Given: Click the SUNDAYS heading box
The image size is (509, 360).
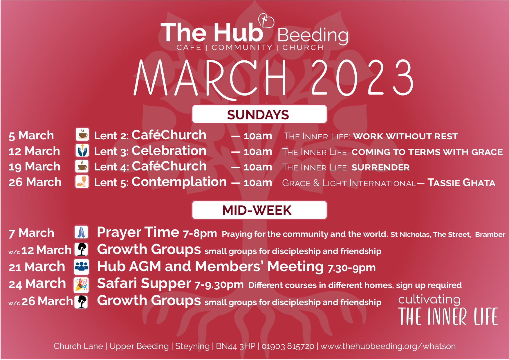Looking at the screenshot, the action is (259, 114).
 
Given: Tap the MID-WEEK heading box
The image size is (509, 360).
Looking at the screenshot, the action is (259, 210).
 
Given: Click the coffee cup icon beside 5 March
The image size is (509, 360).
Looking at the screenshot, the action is (82, 134).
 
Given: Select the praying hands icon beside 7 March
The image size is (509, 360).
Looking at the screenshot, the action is (81, 232).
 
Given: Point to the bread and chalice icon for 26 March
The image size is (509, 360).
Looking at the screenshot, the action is (82, 182).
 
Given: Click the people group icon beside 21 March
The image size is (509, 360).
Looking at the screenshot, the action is (82, 266).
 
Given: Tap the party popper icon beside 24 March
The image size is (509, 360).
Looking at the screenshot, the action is (82, 284).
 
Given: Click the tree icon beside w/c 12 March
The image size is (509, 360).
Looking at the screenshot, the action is (82, 249).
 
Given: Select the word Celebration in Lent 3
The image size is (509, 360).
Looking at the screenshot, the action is (169, 151).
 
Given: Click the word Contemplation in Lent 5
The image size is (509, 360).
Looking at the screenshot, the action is (179, 182).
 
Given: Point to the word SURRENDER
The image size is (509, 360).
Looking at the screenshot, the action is (380, 168).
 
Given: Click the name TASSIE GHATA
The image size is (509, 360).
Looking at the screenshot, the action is (461, 183).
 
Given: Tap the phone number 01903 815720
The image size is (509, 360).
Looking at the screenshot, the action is (288, 346).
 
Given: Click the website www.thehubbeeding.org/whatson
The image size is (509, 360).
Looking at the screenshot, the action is (388, 346).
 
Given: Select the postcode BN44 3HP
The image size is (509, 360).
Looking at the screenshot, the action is (236, 346).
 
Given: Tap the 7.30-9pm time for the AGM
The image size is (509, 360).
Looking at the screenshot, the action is (351, 268).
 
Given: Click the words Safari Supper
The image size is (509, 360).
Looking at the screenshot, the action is (144, 284).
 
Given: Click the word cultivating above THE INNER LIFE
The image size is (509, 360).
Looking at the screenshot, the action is (429, 299).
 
